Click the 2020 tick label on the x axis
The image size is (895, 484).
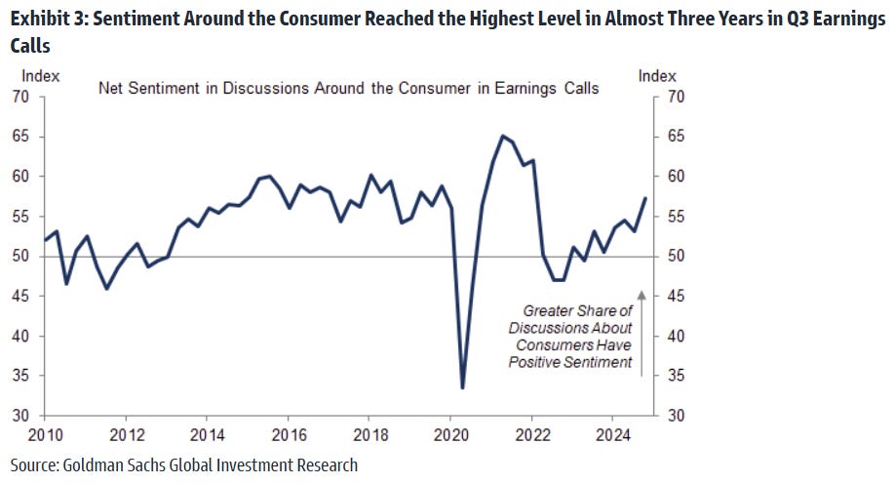[x=450, y=434]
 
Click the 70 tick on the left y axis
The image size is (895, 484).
[x=21, y=97]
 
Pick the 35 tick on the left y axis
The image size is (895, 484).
[x=21, y=376]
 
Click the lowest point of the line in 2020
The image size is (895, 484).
[x=461, y=387]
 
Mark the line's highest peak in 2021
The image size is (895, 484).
[x=502, y=136]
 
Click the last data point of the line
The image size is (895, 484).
[x=644, y=198]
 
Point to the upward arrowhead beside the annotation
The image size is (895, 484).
[x=642, y=292]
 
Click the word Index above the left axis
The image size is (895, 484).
[x=40, y=75]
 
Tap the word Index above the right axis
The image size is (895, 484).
[x=657, y=75]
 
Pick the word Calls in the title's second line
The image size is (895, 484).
[x=31, y=46]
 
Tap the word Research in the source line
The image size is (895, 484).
[x=326, y=464]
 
